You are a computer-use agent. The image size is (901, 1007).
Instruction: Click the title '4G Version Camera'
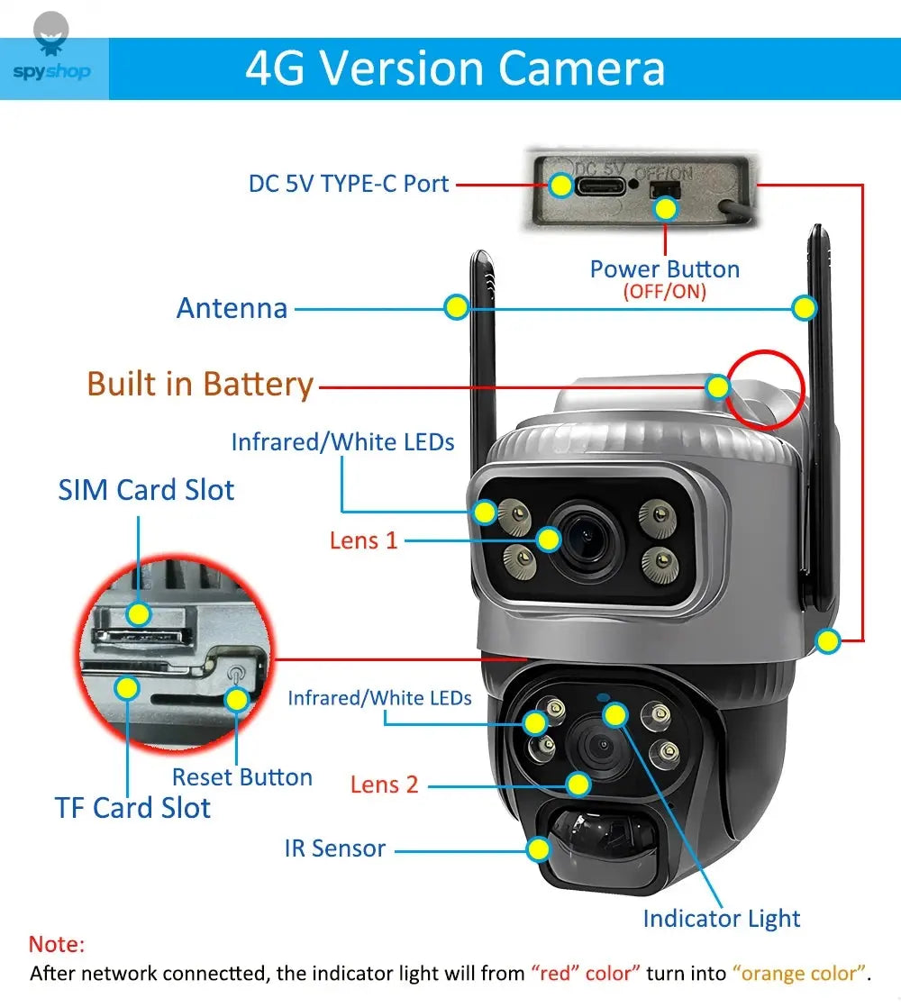(x=455, y=68)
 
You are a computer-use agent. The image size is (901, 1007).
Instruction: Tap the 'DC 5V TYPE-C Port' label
(x=349, y=184)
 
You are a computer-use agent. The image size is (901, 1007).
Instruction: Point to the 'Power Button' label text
(x=664, y=269)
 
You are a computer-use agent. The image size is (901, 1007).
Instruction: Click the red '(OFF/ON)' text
(x=664, y=292)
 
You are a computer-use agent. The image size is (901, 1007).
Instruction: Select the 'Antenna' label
(x=232, y=308)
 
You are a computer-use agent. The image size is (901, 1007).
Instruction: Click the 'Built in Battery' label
(x=200, y=385)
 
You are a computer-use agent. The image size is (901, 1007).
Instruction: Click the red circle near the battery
(x=765, y=388)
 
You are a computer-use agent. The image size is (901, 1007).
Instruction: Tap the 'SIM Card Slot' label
(x=146, y=490)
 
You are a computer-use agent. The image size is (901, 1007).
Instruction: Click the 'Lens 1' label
(x=363, y=540)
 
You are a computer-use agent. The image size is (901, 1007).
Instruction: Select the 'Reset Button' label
(x=242, y=777)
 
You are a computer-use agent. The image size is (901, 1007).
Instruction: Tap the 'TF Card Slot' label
(x=132, y=808)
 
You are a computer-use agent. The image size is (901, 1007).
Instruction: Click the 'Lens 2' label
(x=385, y=785)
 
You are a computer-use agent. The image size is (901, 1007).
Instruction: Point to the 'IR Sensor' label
(x=335, y=848)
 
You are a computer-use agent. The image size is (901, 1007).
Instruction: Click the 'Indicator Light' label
(x=721, y=919)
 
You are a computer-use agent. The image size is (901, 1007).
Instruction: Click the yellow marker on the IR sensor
(x=539, y=848)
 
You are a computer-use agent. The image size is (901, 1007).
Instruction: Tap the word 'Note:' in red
(x=57, y=945)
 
